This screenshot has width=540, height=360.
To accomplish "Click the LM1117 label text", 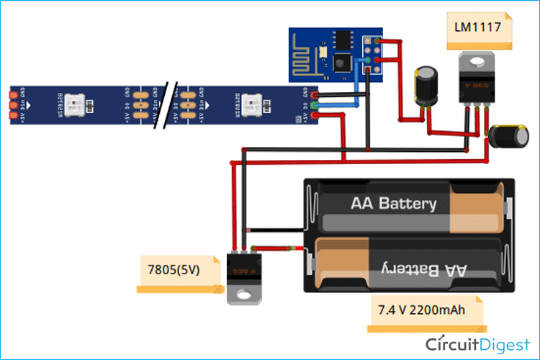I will coord(483,30).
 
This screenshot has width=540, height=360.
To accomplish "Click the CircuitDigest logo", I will coord(476,343).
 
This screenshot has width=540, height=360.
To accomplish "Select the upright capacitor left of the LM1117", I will coord(426,85).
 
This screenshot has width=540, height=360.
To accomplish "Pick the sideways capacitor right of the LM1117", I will coord(503,137).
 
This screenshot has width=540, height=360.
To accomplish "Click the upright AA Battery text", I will coord(393,203).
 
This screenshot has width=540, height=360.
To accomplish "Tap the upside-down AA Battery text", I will coord(418,270).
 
